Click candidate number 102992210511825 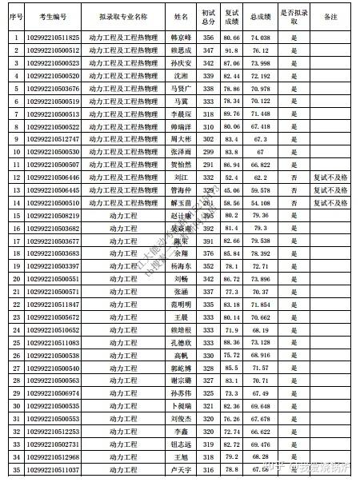tap(53, 37)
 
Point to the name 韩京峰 tap(182, 37)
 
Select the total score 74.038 tap(259, 37)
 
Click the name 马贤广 tap(182, 88)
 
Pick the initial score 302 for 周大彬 tap(208, 139)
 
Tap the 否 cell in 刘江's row tap(294, 177)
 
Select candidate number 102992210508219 tap(53, 215)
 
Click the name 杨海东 tap(182, 265)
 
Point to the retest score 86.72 tap(231, 278)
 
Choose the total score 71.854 tap(259, 304)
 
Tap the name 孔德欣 tap(182, 342)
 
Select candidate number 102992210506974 tap(53, 392)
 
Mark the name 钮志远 tap(182, 444)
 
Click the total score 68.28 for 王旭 tap(259, 456)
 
